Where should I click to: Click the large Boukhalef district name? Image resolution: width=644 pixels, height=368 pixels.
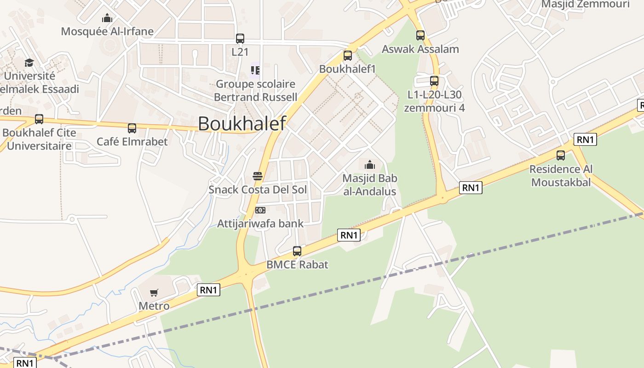click(242, 123)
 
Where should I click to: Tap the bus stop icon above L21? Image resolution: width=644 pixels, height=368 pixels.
click(240, 39)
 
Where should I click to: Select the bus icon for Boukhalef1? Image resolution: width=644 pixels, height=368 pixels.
click(348, 56)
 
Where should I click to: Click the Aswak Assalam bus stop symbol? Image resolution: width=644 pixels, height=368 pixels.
click(420, 35)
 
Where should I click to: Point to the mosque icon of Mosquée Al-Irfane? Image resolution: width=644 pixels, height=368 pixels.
click(107, 18)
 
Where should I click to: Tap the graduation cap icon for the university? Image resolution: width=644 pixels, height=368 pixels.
click(29, 63)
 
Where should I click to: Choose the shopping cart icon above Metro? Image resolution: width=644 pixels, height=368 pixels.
click(154, 293)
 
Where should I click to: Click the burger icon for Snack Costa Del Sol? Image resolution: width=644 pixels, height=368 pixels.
click(258, 176)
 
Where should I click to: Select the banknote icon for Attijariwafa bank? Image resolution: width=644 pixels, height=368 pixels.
click(260, 210)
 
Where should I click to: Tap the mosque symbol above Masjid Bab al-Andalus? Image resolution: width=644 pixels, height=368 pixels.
click(370, 165)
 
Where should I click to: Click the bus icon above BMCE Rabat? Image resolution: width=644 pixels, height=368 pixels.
click(297, 251)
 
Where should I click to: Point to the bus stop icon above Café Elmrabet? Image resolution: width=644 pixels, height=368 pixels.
click(132, 128)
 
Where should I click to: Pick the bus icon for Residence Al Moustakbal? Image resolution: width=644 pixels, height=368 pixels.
click(561, 155)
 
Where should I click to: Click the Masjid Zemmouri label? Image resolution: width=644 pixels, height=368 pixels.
click(585, 4)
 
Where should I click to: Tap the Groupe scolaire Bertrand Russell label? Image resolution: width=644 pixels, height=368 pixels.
click(255, 91)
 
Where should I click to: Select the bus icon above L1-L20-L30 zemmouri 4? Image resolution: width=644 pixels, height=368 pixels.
click(434, 81)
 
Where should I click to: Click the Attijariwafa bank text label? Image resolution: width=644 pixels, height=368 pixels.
click(260, 224)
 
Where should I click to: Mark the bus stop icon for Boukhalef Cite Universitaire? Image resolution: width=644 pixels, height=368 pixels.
click(39, 119)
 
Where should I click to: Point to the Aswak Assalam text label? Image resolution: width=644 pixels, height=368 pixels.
click(420, 49)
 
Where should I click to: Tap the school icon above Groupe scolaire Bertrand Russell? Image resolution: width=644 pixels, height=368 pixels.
click(255, 70)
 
